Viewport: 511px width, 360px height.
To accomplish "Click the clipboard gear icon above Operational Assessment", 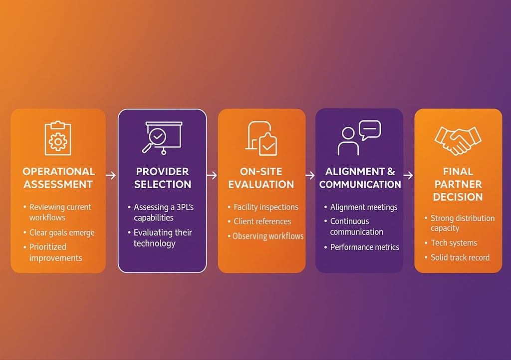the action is click(x=58, y=138).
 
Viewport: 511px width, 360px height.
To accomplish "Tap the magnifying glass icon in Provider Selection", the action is click(x=154, y=140).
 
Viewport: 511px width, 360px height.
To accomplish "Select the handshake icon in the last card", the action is click(x=458, y=140).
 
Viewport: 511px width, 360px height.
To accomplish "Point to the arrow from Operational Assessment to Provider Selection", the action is click(x=111, y=175).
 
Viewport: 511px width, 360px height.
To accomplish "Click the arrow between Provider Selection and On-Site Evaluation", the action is click(x=212, y=175).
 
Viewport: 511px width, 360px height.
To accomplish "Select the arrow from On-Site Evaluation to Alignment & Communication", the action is click(x=310, y=175).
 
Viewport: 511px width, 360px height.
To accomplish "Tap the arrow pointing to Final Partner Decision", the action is click(x=408, y=175).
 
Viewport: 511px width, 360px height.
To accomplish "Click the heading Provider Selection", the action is click(x=163, y=178).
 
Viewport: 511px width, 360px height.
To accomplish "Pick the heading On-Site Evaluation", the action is click(x=261, y=178).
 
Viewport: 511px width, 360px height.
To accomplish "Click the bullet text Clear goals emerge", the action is click(x=62, y=233).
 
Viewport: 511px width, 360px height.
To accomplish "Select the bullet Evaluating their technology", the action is click(x=163, y=238).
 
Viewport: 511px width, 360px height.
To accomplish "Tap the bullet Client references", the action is click(x=262, y=221).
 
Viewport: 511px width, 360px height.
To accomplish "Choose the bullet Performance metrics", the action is click(x=365, y=247).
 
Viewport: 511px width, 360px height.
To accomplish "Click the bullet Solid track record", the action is click(x=460, y=258).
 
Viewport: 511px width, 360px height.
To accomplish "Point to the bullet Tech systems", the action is click(x=454, y=243).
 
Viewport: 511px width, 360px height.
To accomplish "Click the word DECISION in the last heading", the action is click(x=458, y=197).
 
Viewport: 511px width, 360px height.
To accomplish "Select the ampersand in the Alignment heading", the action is click(x=391, y=172).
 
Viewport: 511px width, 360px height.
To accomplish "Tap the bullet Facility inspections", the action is click(x=266, y=207).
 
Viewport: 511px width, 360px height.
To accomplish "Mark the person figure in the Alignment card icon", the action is click(x=348, y=141).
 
